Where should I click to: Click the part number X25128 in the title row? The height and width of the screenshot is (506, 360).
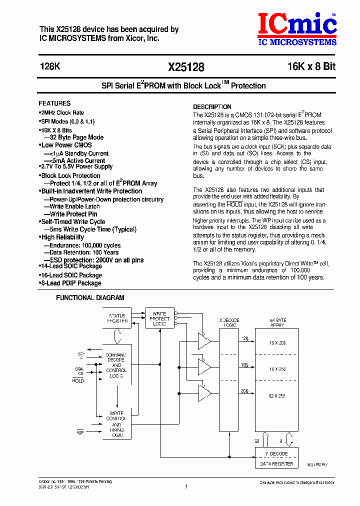click(x=186, y=67)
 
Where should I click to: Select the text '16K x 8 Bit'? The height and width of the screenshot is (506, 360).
click(x=311, y=66)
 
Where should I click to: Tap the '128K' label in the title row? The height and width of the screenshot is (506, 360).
click(x=49, y=66)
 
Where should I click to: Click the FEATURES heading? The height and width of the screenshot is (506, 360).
click(x=55, y=103)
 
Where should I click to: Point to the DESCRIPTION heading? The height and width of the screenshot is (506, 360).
click(x=212, y=106)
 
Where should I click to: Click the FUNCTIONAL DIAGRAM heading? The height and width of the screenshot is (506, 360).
click(x=90, y=297)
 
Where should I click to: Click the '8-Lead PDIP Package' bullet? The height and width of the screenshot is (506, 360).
click(x=70, y=283)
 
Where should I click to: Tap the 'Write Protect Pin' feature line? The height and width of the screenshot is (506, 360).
click(x=73, y=214)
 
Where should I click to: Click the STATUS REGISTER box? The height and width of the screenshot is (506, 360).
click(x=117, y=318)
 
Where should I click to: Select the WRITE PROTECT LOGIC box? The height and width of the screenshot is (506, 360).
click(x=160, y=318)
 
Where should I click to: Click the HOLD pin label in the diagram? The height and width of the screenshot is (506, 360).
click(x=78, y=381)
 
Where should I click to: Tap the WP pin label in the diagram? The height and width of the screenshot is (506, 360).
click(x=80, y=432)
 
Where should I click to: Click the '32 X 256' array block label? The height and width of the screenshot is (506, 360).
click(x=276, y=395)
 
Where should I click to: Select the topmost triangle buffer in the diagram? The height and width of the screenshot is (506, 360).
click(x=204, y=341)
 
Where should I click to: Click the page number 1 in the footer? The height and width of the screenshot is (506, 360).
click(x=186, y=486)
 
